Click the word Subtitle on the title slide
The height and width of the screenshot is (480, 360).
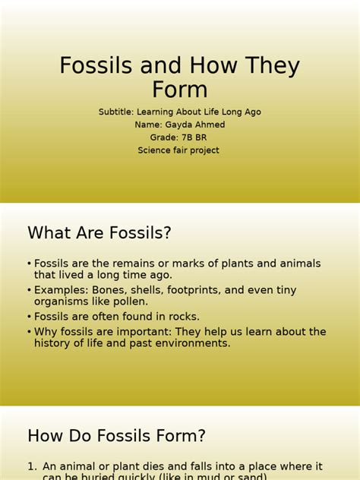[x=116, y=112]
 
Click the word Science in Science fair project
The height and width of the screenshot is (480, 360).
[x=154, y=150]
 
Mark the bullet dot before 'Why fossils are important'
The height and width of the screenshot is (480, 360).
[x=29, y=332]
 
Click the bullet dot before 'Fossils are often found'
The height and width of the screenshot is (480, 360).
[x=29, y=316]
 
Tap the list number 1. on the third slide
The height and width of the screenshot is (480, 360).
[x=32, y=466]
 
